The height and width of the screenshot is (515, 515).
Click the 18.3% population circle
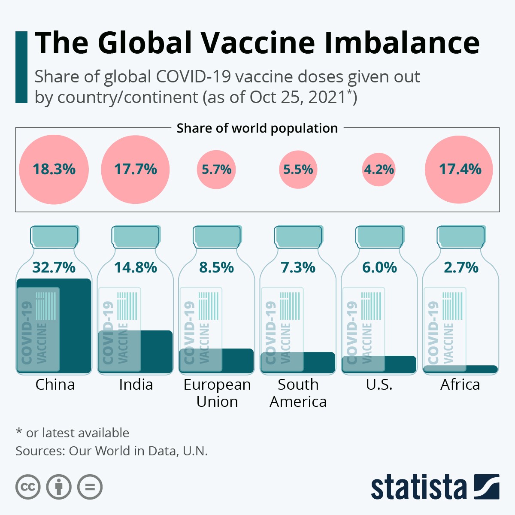(x=54, y=170)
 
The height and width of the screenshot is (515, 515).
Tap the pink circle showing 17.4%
(x=459, y=170)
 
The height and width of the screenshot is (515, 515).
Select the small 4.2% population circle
(x=379, y=170)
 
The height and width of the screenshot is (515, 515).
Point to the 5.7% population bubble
(x=216, y=170)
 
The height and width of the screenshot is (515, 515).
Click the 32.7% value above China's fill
(x=54, y=267)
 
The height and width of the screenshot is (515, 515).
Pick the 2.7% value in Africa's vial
(x=461, y=267)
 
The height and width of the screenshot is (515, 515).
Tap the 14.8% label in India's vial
(x=136, y=267)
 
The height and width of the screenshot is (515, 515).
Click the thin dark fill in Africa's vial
(x=476, y=369)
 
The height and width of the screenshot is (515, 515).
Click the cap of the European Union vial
(x=217, y=236)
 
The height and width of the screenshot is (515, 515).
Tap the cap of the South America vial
(x=298, y=236)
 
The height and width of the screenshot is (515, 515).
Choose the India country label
(x=136, y=385)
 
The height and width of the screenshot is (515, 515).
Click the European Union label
(x=217, y=393)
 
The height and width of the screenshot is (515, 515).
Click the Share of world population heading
(x=257, y=128)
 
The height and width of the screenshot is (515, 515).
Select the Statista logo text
(x=418, y=487)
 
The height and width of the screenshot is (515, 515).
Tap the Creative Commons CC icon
(x=28, y=487)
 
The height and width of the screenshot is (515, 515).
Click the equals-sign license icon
(x=90, y=487)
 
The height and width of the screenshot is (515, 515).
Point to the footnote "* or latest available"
(x=72, y=433)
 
